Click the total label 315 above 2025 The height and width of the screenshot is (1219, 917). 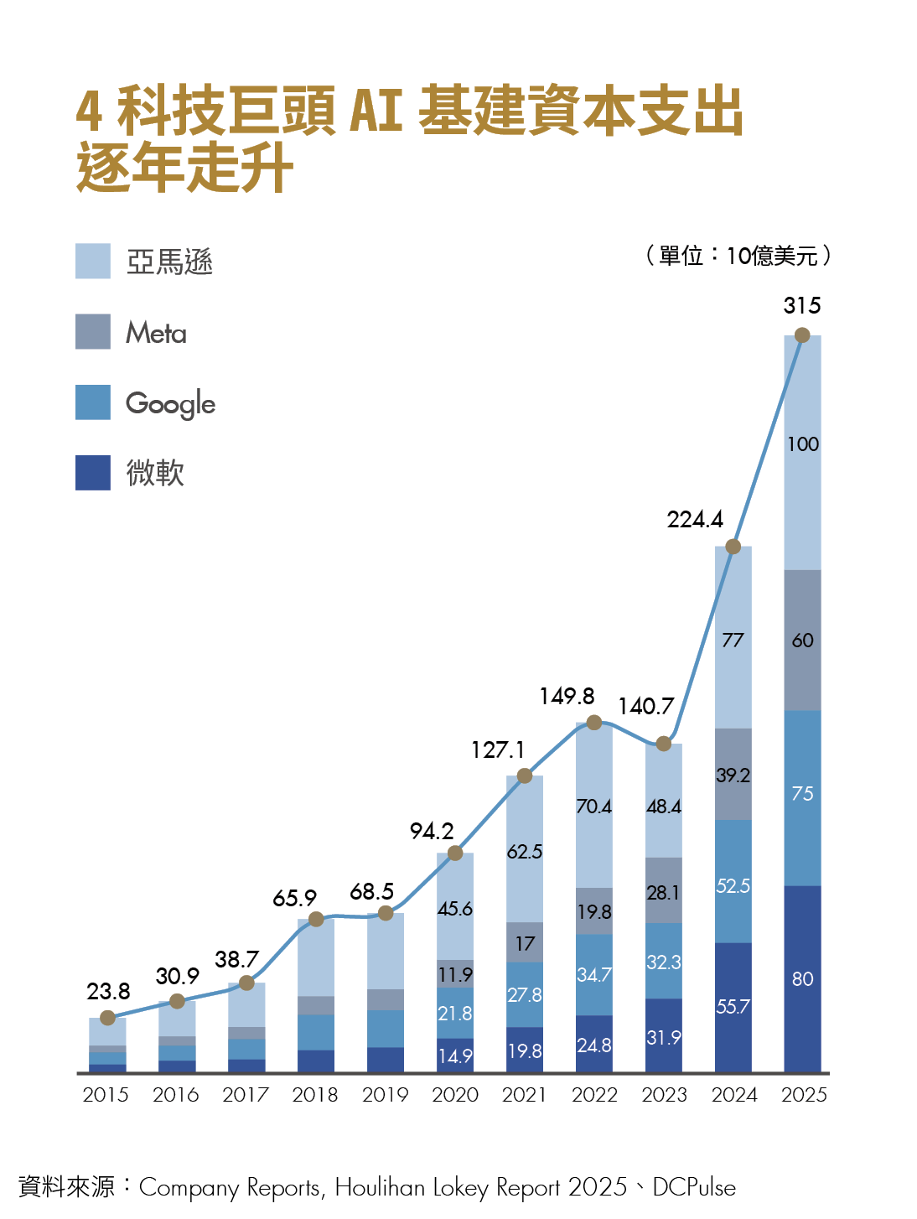tap(801, 305)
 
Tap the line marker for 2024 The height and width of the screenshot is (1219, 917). tap(733, 547)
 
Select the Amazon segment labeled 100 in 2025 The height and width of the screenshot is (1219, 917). tap(802, 444)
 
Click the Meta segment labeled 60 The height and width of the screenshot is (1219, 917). tap(802, 641)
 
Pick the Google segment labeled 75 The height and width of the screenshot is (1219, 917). tap(802, 793)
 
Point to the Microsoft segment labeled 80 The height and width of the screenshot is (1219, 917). tap(802, 978)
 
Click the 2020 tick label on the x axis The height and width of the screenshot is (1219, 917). tap(454, 1094)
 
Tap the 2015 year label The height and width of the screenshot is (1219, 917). tap(106, 1094)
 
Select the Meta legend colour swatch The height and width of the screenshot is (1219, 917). tap(93, 331)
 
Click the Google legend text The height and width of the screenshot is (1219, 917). tap(170, 403)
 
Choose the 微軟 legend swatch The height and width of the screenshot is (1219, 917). tap(93, 472)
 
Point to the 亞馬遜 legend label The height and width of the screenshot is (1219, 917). tap(169, 262)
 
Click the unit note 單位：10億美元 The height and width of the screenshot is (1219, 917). tap(738, 256)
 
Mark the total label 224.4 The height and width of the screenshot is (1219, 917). tap(695, 520)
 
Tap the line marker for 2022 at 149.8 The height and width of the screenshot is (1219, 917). tap(593, 722)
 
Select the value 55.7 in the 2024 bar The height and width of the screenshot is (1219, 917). tap(733, 1006)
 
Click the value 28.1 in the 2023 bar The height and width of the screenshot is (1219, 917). tap(663, 893)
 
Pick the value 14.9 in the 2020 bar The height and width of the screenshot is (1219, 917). tap(454, 1056)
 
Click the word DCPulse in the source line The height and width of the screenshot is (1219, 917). tap(694, 1187)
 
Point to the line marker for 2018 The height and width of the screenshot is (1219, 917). tap(316, 919)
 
